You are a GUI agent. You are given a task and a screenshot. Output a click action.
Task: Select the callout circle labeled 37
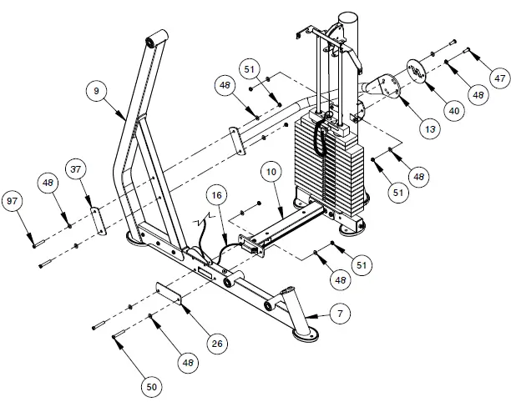coord(76,171)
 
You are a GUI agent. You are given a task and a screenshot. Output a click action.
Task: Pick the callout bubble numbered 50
coord(151,386)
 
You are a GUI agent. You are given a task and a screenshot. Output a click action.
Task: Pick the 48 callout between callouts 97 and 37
coord(48,183)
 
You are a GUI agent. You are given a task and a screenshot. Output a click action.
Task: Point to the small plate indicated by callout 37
coord(95,221)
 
